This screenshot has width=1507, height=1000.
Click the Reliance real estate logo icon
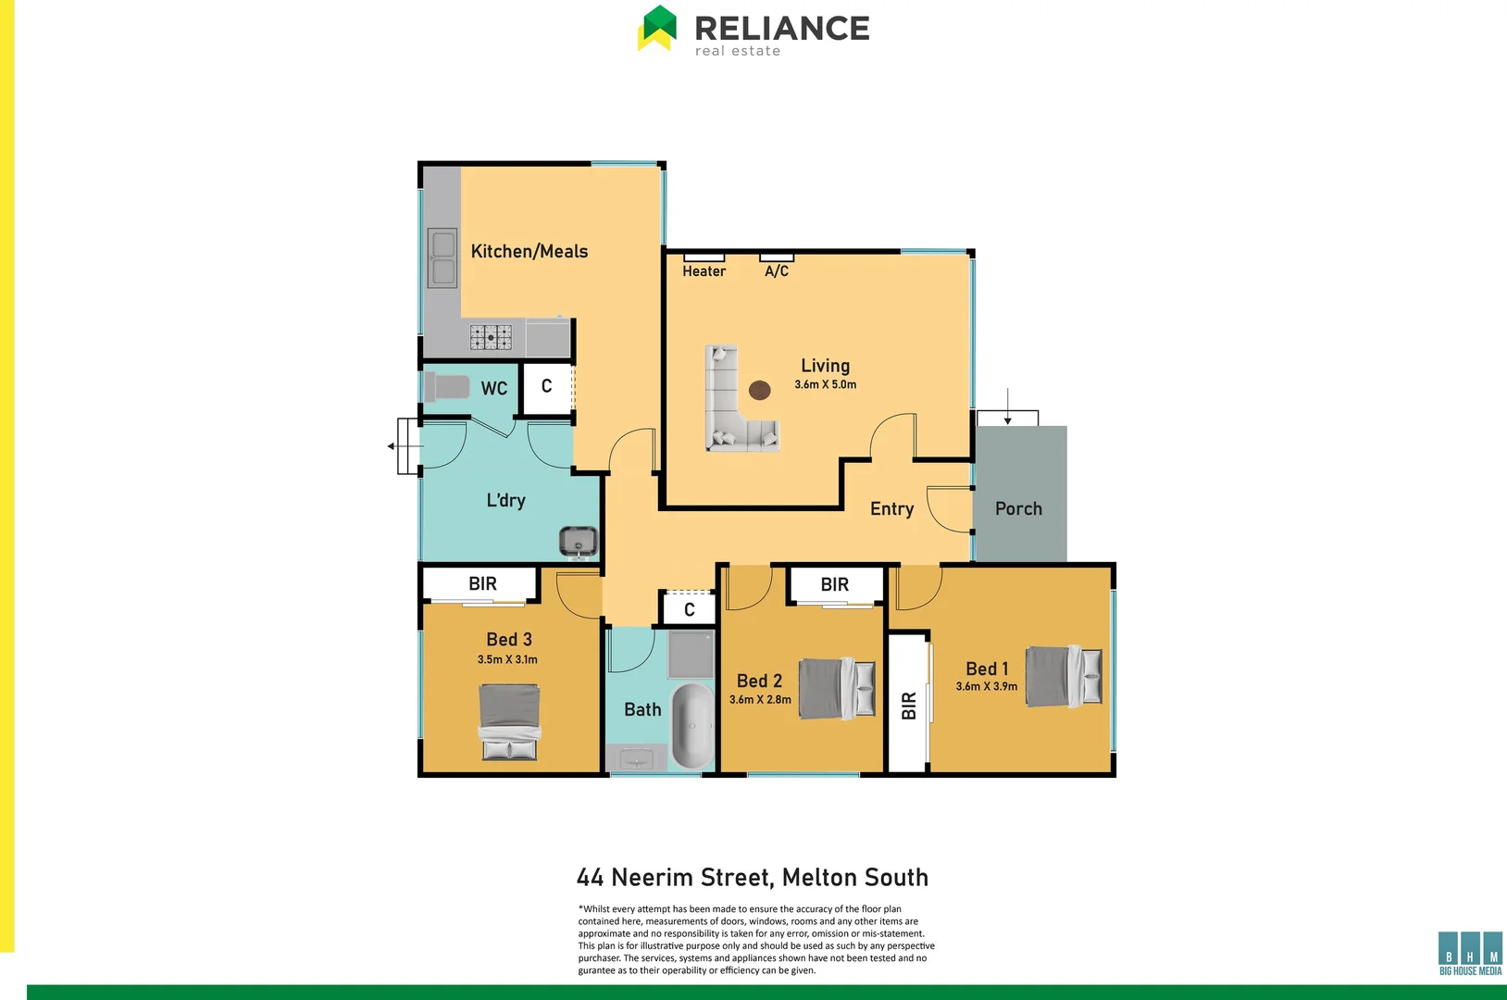[657, 28]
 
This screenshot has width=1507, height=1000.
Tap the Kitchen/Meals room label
[529, 251]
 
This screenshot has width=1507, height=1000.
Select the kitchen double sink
[442, 257]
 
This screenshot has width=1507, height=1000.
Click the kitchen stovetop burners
[491, 337]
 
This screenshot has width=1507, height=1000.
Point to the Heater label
[704, 271]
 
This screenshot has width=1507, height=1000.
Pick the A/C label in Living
[777, 271]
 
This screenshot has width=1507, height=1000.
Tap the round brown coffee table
[760, 390]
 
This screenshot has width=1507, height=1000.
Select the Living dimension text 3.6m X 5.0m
[825, 384]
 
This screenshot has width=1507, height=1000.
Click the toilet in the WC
[447, 386]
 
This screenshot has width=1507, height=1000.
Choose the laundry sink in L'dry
[579, 540]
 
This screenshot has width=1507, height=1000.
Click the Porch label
[1018, 508]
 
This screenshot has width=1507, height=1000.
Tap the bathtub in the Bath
[691, 725]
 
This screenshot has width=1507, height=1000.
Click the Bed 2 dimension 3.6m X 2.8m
[760, 700]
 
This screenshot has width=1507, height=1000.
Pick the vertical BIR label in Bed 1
[908, 706]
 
